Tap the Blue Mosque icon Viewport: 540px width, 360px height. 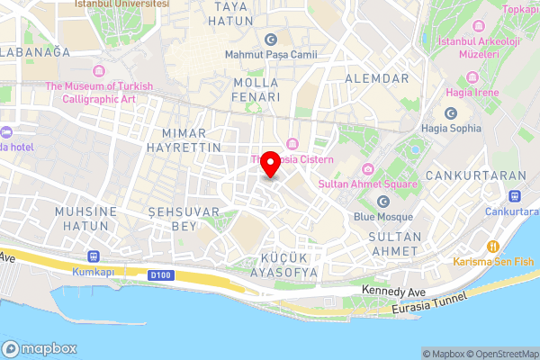coord(383,201)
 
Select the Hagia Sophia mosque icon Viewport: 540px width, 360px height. coord(452,113)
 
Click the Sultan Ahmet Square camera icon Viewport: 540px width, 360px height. coord(367,169)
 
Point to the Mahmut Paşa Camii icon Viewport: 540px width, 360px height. coord(271,39)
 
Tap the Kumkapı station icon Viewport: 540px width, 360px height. coord(94,256)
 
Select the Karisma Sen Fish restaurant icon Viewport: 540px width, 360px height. coord(492,247)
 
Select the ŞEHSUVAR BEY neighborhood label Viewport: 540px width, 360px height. coord(172,219)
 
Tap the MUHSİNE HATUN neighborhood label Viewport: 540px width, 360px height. coord(86,219)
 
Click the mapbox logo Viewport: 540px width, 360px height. coord(40,348)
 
